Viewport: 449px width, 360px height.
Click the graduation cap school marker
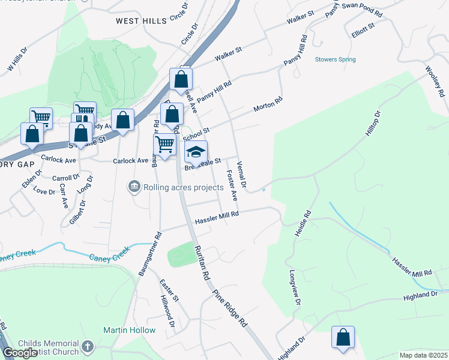tap(196, 153)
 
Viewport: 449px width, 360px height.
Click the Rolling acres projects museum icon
tap(134, 187)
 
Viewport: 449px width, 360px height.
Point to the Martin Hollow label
tap(129, 330)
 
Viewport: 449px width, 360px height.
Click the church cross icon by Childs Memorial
tap(88, 346)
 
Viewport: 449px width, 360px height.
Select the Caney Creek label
tap(110, 257)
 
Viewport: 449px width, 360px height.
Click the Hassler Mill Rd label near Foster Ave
tap(217, 218)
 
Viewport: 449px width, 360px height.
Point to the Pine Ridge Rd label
tap(231, 308)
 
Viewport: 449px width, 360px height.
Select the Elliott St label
tap(364, 34)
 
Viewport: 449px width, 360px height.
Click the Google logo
tap(20, 353)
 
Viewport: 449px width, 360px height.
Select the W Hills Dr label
tap(18, 60)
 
